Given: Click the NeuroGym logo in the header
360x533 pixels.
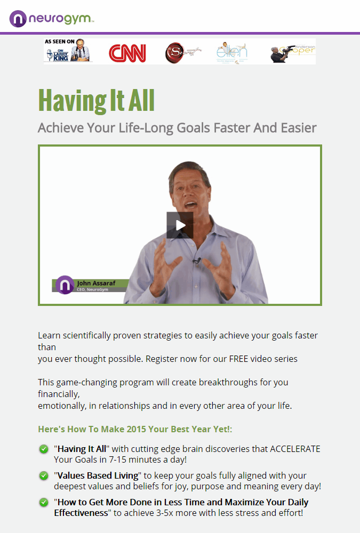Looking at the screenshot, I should (x=52, y=19).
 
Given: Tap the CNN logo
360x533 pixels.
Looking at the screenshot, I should (x=127, y=53).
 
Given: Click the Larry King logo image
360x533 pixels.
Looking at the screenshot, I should (x=68, y=51).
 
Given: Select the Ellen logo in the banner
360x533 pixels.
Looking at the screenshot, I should (x=231, y=52).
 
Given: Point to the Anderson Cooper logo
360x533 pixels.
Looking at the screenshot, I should (x=292, y=52).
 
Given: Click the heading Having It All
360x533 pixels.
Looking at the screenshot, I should (x=96, y=100).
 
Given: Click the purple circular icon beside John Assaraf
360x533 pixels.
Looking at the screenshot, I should (x=65, y=285).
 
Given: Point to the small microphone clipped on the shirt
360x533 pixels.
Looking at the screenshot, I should (x=197, y=261).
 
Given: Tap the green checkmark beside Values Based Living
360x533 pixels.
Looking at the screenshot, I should (x=44, y=475).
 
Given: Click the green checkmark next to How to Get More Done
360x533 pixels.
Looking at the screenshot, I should (x=44, y=502).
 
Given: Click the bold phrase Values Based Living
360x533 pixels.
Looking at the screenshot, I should (x=97, y=475).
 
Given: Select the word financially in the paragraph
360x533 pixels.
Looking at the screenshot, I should (x=59, y=394).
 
